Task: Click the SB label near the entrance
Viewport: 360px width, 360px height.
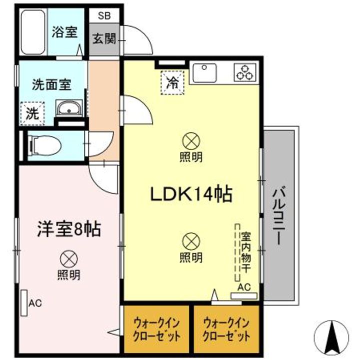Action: tap(104, 15)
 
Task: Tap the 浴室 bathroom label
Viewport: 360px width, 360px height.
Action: tap(65, 32)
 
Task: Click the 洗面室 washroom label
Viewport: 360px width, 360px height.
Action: tap(52, 83)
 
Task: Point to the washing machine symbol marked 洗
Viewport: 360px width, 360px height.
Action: tap(32, 113)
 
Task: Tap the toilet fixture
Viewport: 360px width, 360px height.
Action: tap(45, 145)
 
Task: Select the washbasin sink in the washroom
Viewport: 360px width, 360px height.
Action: tap(69, 109)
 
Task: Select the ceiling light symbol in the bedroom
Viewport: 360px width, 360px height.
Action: tap(68, 258)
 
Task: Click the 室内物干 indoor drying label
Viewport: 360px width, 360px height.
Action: tap(246, 252)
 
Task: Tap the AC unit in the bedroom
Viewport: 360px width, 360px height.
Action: tap(24, 302)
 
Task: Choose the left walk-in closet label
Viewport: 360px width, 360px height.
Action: tap(156, 329)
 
